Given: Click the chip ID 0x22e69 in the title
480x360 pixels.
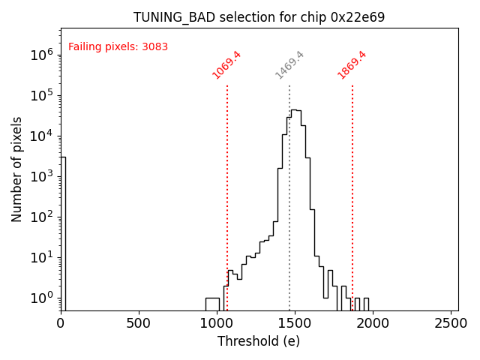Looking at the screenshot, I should click(x=358, y=17).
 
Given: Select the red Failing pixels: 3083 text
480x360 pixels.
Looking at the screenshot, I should click(x=118, y=47).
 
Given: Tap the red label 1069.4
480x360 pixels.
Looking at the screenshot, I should click(x=226, y=65).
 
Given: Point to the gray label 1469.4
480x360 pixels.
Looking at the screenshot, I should click(x=289, y=65).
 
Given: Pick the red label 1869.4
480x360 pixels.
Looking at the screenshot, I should click(x=352, y=65).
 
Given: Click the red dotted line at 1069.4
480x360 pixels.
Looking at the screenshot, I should click(x=227, y=187).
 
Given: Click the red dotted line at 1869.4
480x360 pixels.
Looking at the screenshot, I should click(x=352, y=187).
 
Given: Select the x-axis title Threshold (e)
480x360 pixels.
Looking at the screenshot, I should click(x=259, y=341).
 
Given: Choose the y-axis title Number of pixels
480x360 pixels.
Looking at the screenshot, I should click(x=17, y=169).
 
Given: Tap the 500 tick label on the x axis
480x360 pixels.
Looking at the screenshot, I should click(x=139, y=323).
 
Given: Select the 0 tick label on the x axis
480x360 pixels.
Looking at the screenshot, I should click(x=61, y=323).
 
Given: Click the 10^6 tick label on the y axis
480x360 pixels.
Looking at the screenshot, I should click(x=40, y=55).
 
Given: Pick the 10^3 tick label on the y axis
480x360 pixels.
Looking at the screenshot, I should click(x=40, y=176).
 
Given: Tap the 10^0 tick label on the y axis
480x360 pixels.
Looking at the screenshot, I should click(x=40, y=298).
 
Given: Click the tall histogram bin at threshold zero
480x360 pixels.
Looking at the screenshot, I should click(x=63, y=232).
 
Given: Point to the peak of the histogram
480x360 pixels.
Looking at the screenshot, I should click(x=294, y=110).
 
